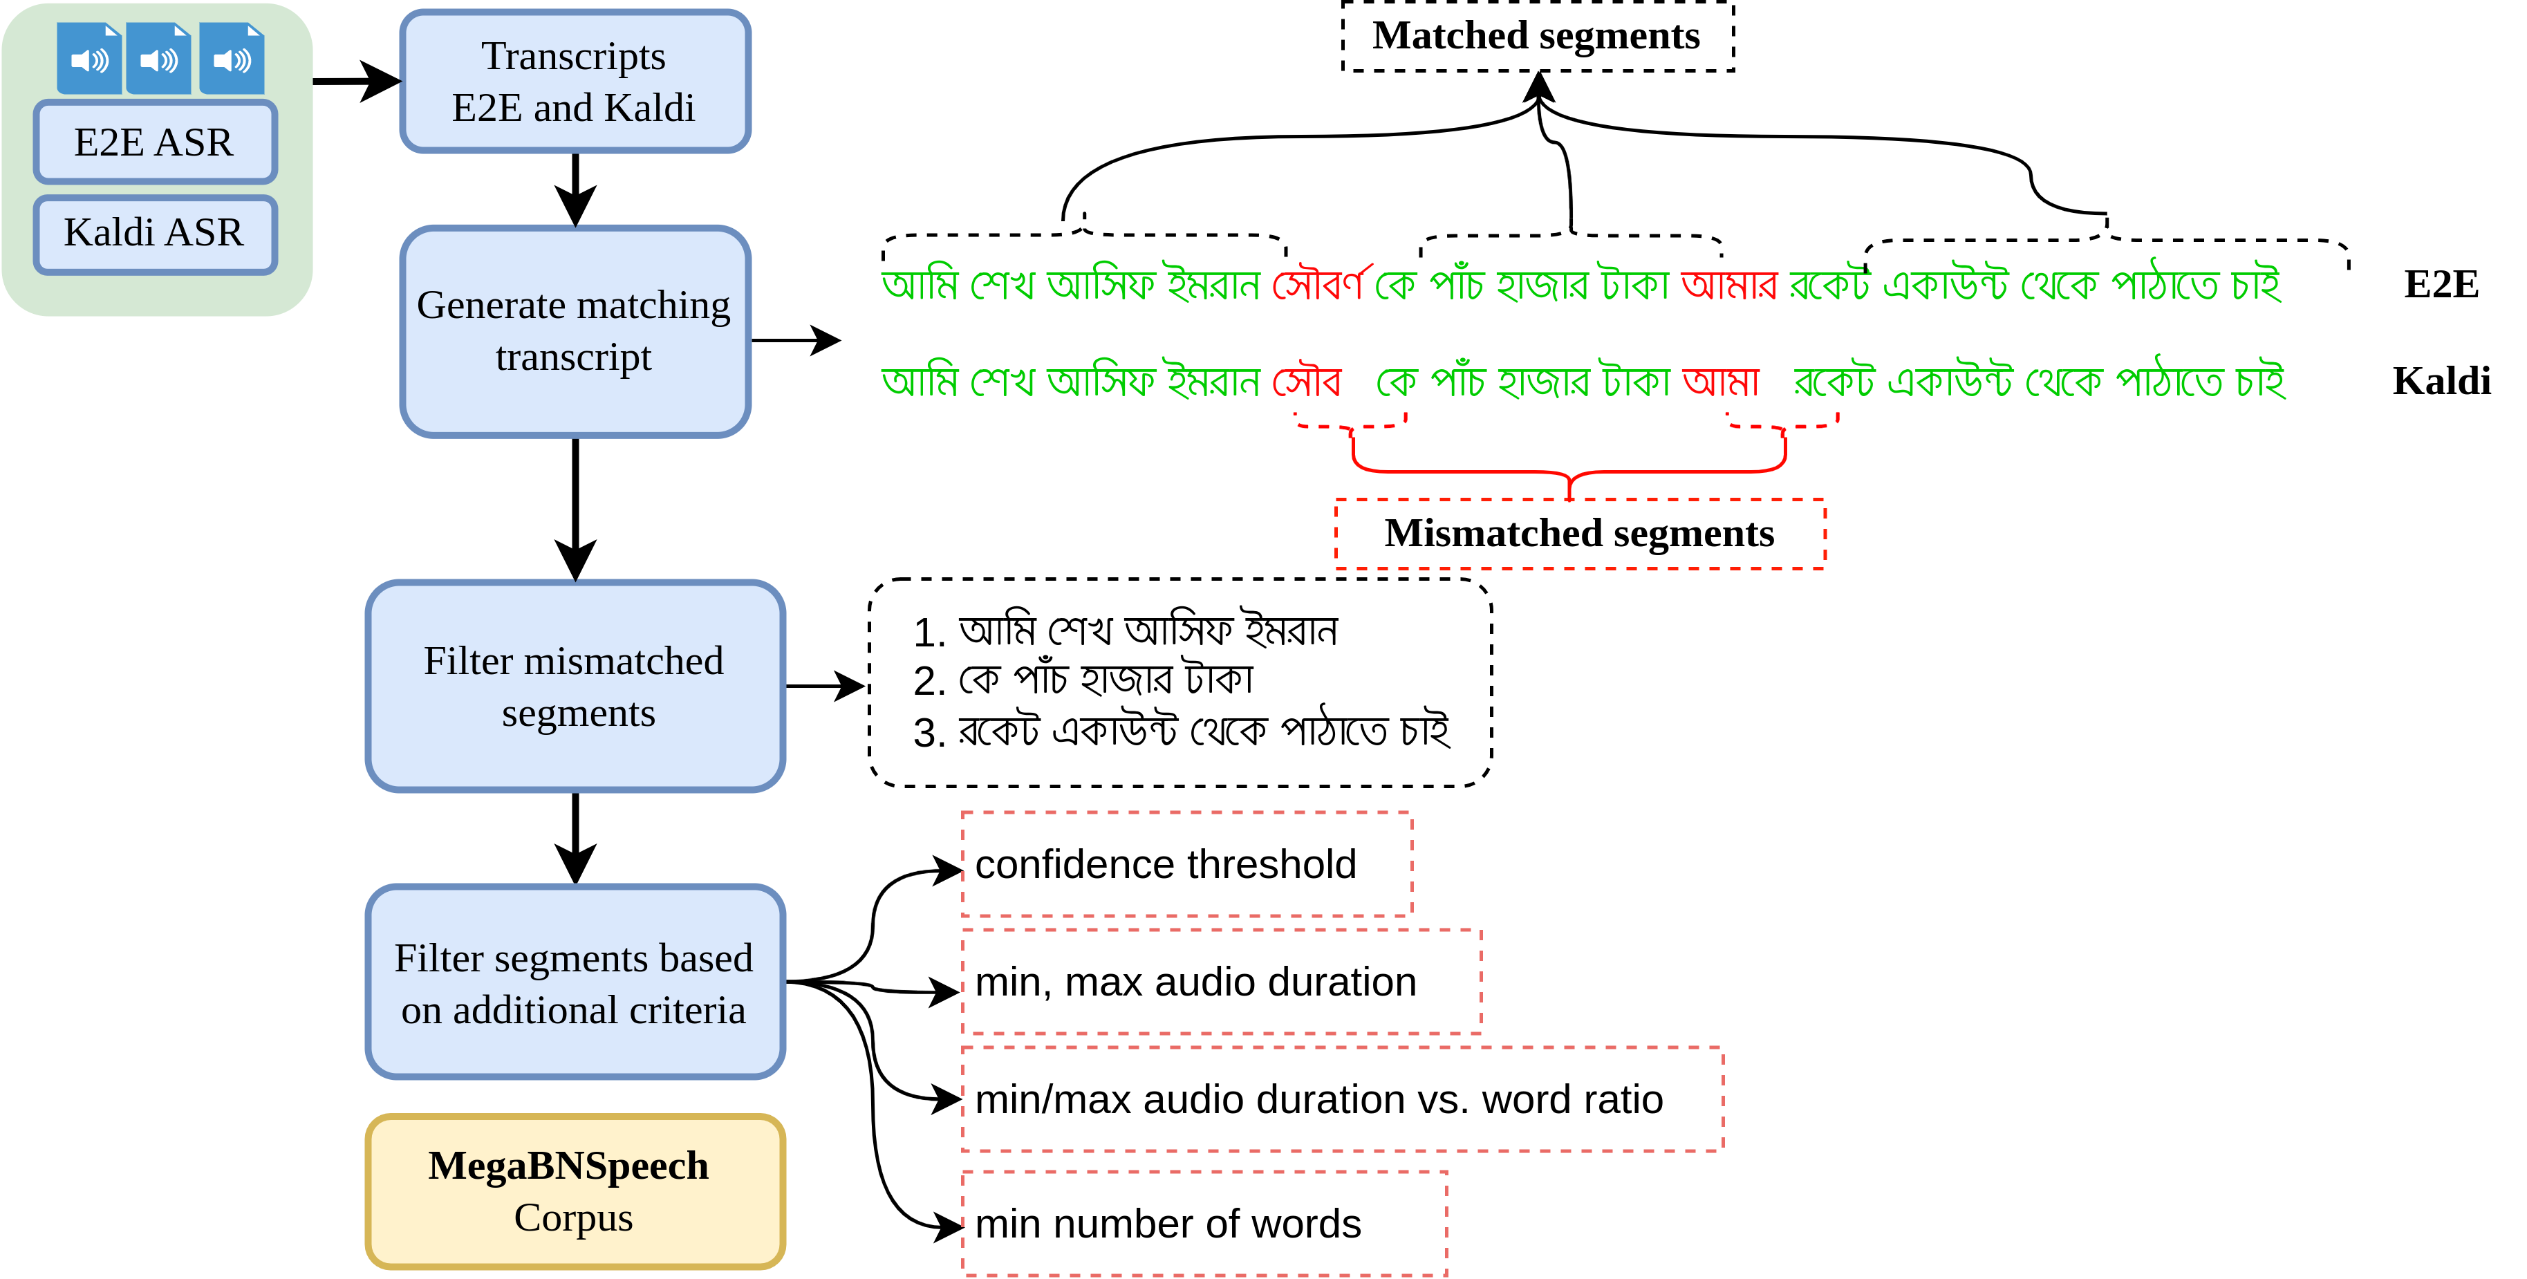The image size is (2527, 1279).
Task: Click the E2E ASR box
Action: (155, 143)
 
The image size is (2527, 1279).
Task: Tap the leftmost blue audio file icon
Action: (89, 59)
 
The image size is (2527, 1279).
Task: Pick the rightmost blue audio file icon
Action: (232, 59)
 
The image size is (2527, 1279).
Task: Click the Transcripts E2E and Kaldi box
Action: (575, 82)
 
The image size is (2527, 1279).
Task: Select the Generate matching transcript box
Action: (575, 332)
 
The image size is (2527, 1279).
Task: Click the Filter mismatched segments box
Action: (575, 687)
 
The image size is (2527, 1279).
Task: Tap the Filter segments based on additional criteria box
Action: (575, 983)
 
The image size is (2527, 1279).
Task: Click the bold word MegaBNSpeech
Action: (568, 1165)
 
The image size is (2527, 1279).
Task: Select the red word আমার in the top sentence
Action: (1728, 284)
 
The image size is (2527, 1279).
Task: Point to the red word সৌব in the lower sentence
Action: (1307, 380)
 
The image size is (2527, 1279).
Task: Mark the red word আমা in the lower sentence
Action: (1721, 380)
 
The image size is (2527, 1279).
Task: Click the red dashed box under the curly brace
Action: (1579, 534)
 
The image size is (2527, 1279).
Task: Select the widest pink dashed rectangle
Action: (1342, 1099)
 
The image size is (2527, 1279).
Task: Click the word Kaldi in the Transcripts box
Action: (649, 108)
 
